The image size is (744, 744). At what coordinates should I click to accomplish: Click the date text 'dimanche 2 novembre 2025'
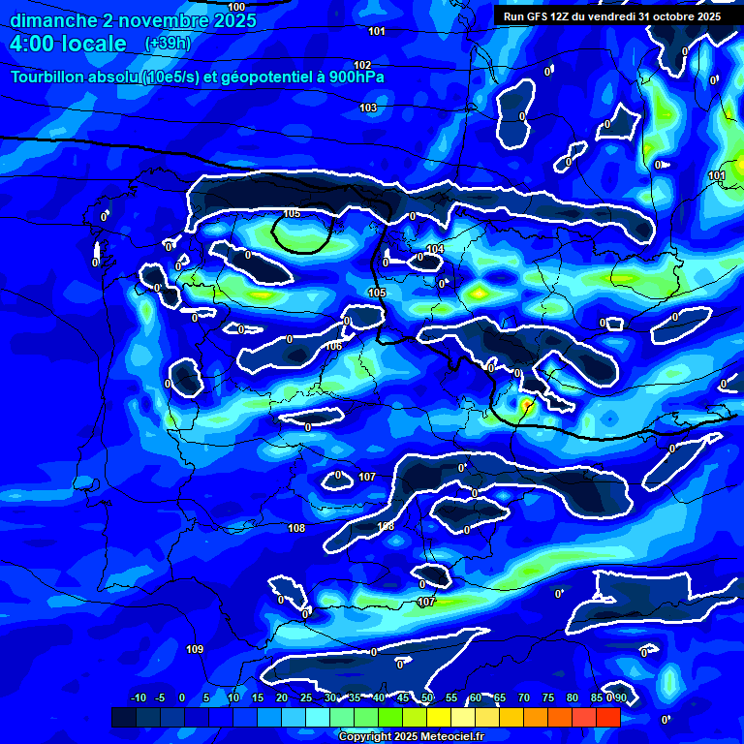[133, 20]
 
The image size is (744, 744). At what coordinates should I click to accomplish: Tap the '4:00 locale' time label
[68, 44]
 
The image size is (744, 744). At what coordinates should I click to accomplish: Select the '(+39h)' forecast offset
[168, 44]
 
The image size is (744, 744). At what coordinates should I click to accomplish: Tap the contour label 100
[236, 7]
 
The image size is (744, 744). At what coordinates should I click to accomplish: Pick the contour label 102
[362, 65]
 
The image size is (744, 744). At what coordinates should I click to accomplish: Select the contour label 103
[368, 108]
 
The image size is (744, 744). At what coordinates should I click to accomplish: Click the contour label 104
[435, 249]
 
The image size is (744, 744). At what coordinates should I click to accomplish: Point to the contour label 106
[333, 346]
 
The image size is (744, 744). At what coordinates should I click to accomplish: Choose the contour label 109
[195, 649]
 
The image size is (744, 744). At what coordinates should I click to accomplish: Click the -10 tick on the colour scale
[138, 697]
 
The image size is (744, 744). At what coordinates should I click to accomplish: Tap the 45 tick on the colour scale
[403, 697]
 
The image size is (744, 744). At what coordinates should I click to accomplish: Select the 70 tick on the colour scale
[524, 697]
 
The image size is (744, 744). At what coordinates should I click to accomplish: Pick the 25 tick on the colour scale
[306, 697]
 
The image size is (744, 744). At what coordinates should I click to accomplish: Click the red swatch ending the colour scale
[608, 717]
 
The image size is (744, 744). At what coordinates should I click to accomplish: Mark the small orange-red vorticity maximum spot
[526, 404]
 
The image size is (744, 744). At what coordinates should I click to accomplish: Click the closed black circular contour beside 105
[302, 233]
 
